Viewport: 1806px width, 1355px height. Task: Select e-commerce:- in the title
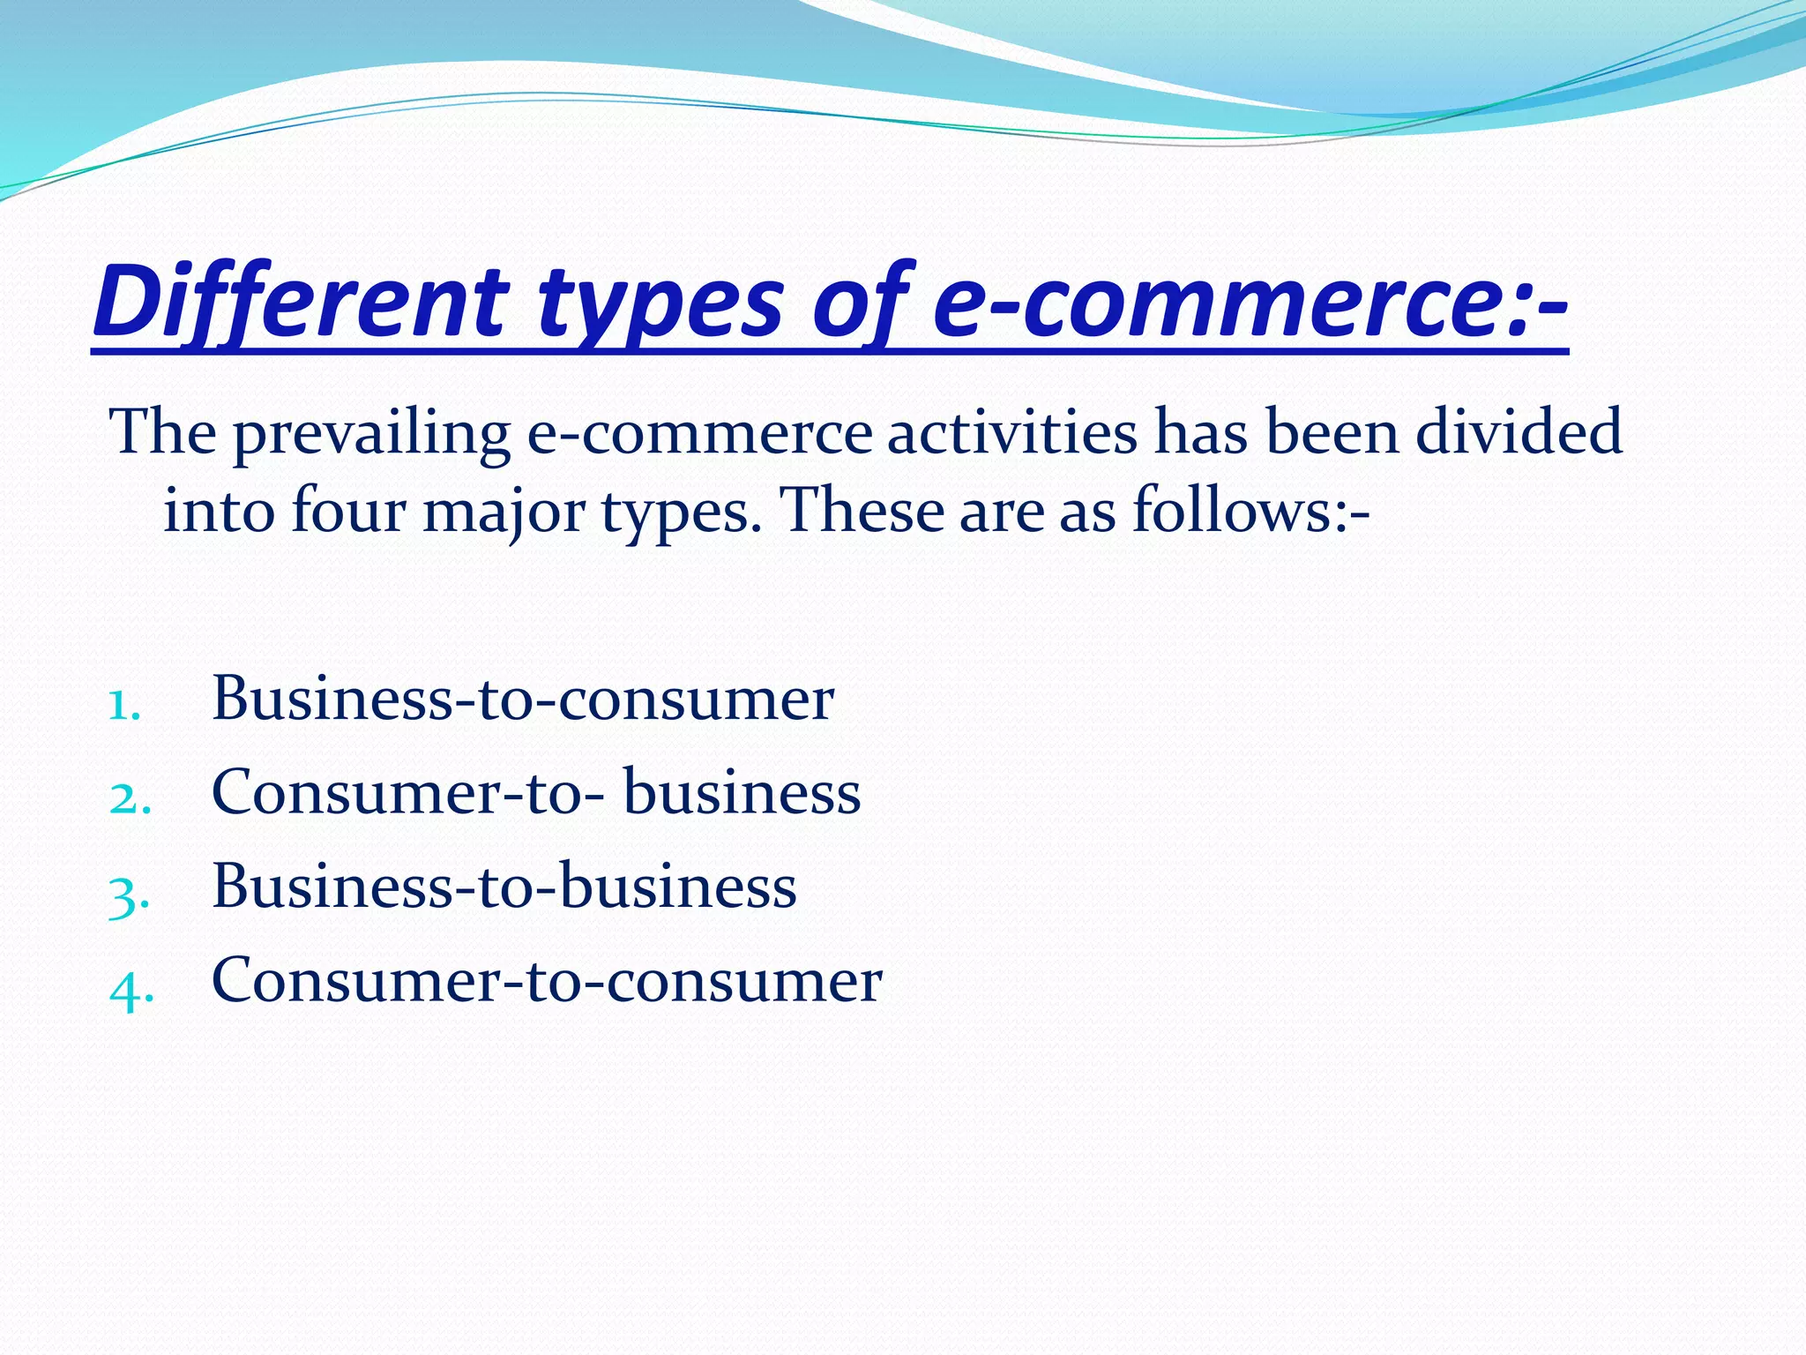coord(1250,303)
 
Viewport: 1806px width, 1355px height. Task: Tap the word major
coord(504,512)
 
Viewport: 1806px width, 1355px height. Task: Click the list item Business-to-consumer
coord(522,699)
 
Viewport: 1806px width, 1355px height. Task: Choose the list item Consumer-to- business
coord(535,792)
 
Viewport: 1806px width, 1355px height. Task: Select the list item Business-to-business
coord(504,886)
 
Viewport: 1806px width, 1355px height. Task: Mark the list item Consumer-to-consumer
coord(546,980)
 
